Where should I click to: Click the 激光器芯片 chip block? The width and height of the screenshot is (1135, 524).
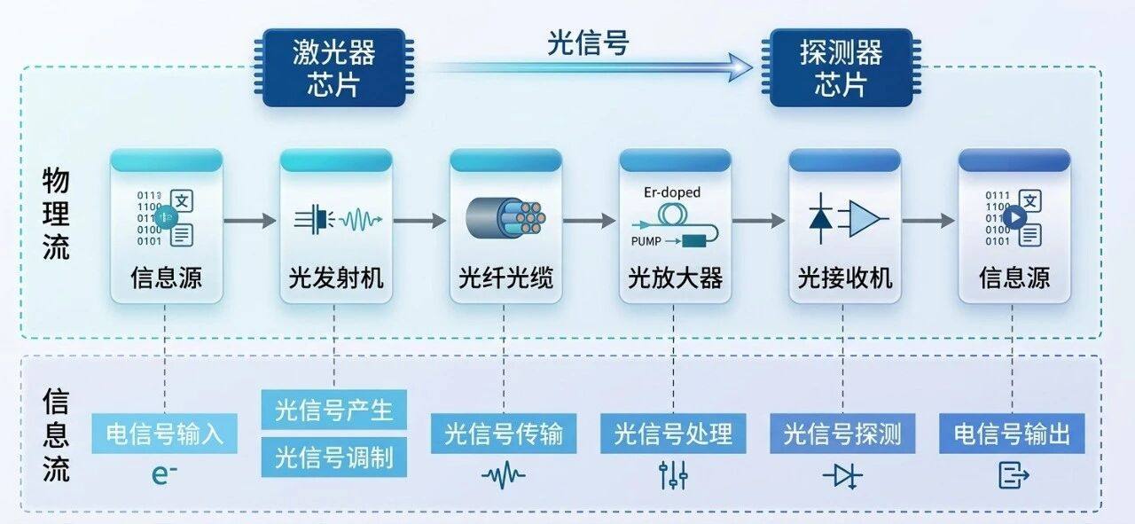click(x=333, y=67)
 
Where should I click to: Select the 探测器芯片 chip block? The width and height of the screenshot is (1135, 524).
click(x=841, y=67)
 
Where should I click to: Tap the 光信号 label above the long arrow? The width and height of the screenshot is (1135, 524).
click(x=587, y=43)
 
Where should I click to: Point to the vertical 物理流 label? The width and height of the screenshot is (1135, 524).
click(x=56, y=215)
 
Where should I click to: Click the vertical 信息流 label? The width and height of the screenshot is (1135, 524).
click(x=56, y=435)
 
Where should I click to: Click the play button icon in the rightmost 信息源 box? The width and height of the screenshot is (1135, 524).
click(x=1016, y=216)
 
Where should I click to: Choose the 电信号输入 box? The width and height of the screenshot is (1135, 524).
click(x=165, y=434)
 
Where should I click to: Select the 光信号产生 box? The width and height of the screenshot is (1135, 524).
click(x=333, y=411)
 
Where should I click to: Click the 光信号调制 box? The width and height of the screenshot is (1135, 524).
click(x=333, y=458)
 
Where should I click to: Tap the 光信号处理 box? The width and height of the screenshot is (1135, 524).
click(x=673, y=434)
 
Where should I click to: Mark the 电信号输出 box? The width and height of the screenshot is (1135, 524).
click(x=1012, y=434)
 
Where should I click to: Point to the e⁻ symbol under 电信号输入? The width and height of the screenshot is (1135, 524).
click(x=164, y=476)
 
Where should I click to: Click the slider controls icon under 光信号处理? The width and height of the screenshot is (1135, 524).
click(x=673, y=476)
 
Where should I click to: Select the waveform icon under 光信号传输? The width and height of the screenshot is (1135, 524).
click(x=503, y=476)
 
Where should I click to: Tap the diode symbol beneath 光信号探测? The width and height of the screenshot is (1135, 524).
click(x=841, y=476)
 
